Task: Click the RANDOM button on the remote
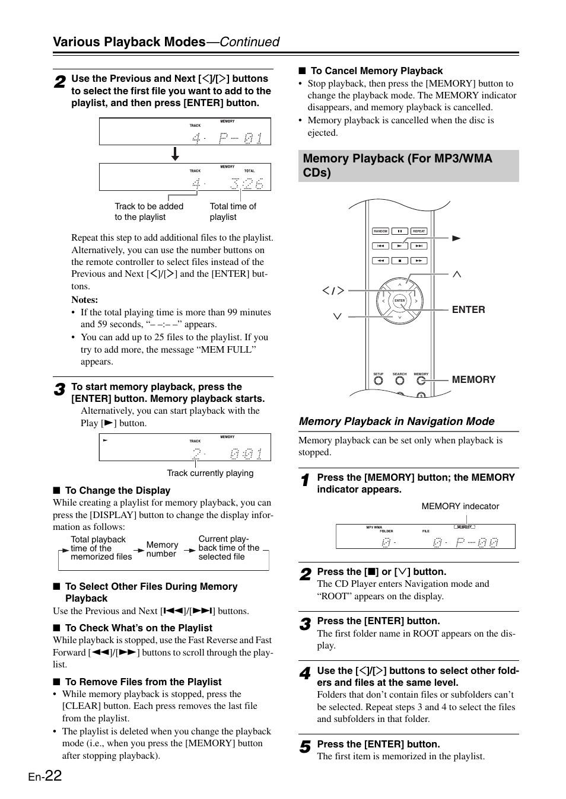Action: (x=380, y=231)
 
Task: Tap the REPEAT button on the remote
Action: (x=419, y=231)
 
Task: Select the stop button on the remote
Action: (x=400, y=260)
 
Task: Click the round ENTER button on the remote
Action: (x=400, y=301)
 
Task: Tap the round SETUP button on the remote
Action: (x=379, y=381)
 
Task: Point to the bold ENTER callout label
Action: (x=468, y=309)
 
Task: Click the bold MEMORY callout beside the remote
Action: (x=473, y=379)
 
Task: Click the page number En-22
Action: (x=44, y=775)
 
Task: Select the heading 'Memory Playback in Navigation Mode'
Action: (x=396, y=421)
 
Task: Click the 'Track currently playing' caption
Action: (x=210, y=473)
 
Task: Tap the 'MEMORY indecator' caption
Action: (x=460, y=506)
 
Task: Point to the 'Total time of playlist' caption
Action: (x=233, y=212)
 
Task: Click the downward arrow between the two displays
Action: (x=175, y=154)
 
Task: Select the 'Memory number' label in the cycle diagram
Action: (x=162, y=549)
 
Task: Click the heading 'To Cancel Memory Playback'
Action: (x=376, y=71)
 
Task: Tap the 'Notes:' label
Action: (x=85, y=300)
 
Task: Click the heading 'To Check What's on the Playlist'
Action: (x=138, y=628)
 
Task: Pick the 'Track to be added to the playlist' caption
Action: (x=149, y=212)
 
